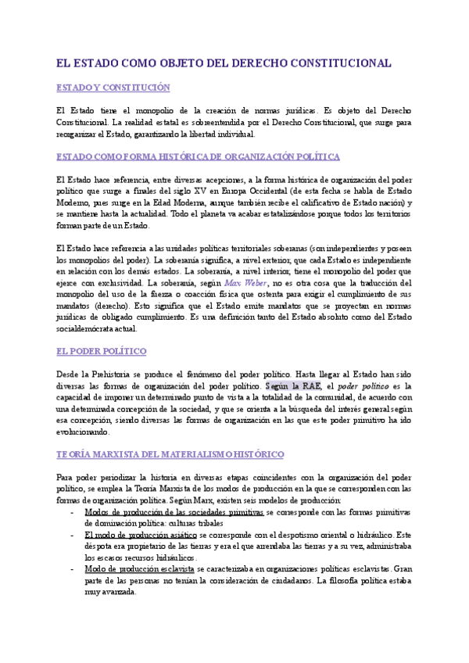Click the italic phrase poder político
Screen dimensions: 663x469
[363, 385]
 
